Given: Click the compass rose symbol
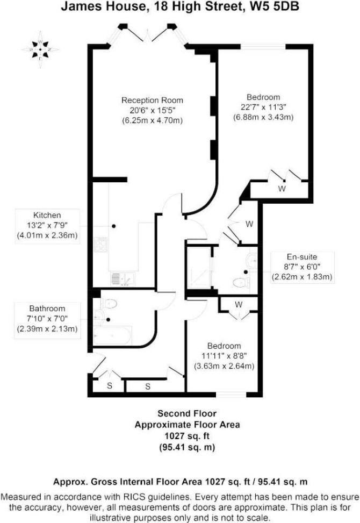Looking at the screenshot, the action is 40,49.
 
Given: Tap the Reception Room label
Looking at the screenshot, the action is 153,100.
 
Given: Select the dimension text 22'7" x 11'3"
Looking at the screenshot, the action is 263,107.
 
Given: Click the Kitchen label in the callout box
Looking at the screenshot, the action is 47,215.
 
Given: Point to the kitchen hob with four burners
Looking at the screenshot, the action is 100,245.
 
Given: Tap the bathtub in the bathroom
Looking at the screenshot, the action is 112,335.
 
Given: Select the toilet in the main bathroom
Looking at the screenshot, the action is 109,304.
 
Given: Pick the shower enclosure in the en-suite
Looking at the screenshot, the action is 199,267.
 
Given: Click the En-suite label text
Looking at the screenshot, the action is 302,257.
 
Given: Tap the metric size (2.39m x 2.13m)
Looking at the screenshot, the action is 47,329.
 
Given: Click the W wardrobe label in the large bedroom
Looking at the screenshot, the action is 282,189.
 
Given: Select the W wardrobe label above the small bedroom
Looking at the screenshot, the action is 239,305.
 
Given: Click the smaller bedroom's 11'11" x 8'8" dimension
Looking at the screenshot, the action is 224,356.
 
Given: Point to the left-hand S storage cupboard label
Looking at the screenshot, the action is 109,386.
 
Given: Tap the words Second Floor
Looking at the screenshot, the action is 187,413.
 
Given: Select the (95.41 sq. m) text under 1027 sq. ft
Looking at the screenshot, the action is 187,447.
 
